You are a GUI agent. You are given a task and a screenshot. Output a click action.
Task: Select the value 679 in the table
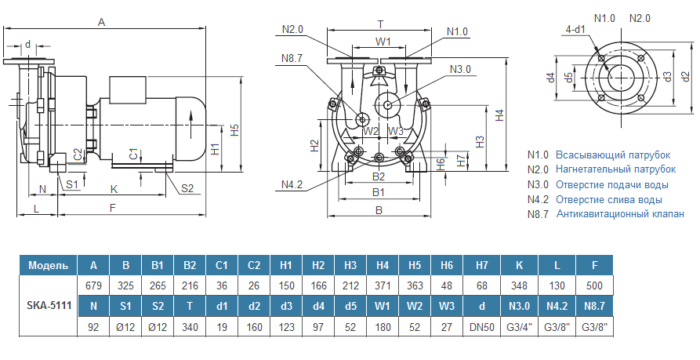pos(93,285)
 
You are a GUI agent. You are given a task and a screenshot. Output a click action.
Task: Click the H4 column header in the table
pos(383,264)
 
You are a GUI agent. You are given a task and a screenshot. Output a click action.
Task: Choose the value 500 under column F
pos(595,285)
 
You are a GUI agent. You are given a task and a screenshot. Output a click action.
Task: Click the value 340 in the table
pos(190,325)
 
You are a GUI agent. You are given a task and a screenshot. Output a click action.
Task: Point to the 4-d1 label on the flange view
pos(575,30)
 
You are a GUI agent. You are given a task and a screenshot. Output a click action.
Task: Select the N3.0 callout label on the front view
pos(460,69)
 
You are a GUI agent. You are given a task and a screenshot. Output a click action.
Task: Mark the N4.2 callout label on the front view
pos(292,184)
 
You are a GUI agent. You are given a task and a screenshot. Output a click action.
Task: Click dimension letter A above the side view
pos(101,22)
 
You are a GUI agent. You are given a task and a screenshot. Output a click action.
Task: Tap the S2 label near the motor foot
pos(187,187)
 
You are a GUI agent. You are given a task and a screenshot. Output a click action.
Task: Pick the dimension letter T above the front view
pos(380,24)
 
